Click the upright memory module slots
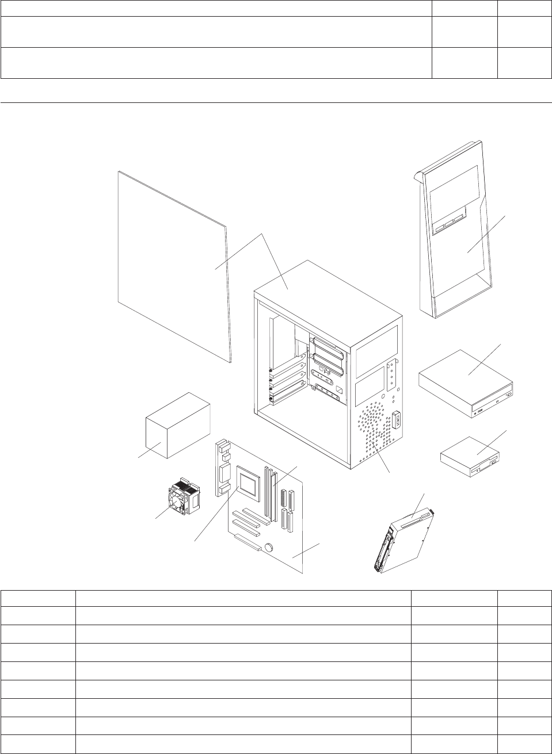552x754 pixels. [270, 492]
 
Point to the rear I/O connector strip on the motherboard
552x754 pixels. [221, 469]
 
